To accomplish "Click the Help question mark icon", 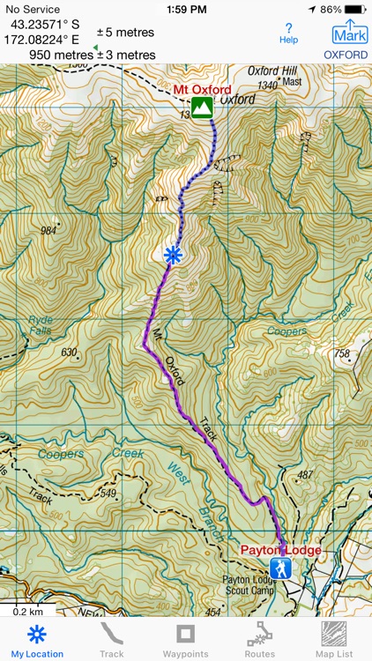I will [x=288, y=33].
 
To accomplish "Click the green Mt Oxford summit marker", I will [x=203, y=108].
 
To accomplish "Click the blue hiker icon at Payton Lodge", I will [x=280, y=568].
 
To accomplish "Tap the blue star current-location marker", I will [x=173, y=256].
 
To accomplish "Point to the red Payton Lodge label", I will [x=280, y=550].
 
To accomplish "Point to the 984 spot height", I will [x=48, y=231].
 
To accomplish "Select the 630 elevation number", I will [x=69, y=353].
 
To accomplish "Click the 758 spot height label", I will [x=342, y=354].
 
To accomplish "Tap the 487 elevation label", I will [x=305, y=475].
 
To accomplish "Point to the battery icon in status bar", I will [x=354, y=9].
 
